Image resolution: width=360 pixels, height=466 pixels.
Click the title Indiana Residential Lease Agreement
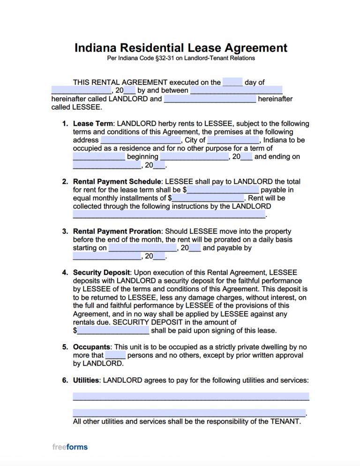(180, 48)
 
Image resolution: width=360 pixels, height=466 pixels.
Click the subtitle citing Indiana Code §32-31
(180, 59)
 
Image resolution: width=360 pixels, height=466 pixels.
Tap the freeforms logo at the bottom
(70, 447)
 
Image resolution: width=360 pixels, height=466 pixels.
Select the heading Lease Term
(93, 124)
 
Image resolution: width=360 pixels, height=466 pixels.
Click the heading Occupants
(91, 347)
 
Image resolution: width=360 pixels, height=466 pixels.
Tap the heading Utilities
(86, 380)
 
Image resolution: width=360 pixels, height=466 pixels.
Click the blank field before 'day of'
(232, 82)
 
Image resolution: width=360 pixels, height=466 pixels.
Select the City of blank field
(233, 140)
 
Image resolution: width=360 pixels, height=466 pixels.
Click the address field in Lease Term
(141, 140)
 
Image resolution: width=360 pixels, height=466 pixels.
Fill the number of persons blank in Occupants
(115, 355)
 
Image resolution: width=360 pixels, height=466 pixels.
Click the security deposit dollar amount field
(113, 331)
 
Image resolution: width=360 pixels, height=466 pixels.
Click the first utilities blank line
(191, 396)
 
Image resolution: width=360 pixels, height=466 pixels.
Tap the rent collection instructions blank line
(169, 215)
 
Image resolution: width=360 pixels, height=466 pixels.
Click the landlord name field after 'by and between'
(236, 90)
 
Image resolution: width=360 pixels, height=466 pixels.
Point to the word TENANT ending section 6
(285, 421)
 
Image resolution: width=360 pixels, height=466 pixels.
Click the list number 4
(64, 273)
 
